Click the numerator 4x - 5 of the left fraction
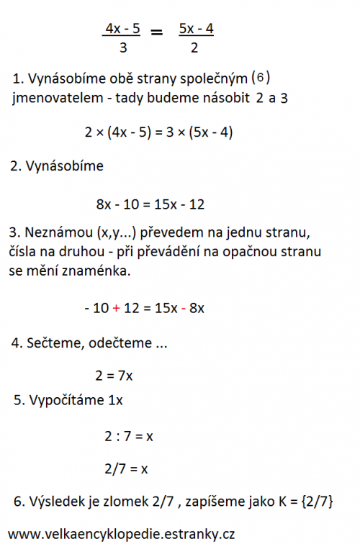pos(122,29)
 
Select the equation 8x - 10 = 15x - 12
pos(150,204)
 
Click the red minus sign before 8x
pos(184,308)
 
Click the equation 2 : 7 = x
pos(126,435)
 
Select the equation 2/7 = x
pos(126,468)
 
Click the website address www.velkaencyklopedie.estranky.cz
pos(122,533)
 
